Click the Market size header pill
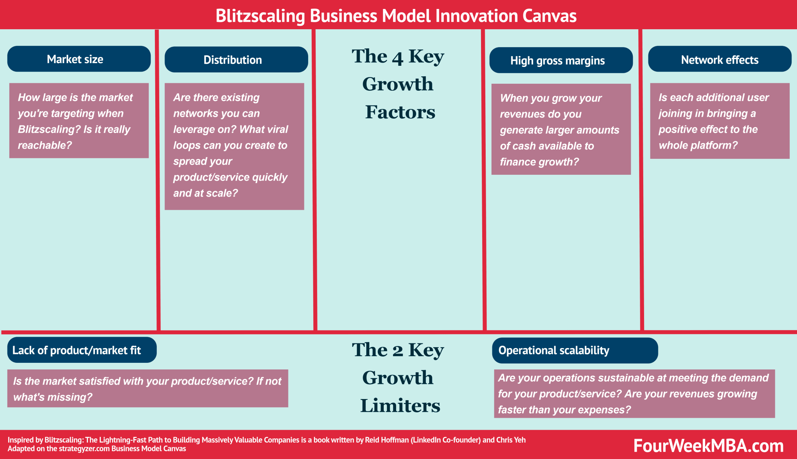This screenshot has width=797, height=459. tap(79, 59)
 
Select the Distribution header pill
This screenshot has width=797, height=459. tap(236, 60)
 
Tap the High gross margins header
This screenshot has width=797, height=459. tap(560, 60)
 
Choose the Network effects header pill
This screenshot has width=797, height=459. tap(719, 60)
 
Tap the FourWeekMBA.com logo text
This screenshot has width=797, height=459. tap(708, 446)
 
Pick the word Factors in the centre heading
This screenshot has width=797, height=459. tap(400, 112)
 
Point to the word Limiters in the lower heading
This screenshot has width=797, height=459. tap(400, 406)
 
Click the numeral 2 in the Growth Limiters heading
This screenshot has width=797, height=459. tap(397, 351)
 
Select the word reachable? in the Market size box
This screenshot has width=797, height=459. tap(45, 145)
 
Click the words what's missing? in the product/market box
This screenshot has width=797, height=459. tap(53, 397)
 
